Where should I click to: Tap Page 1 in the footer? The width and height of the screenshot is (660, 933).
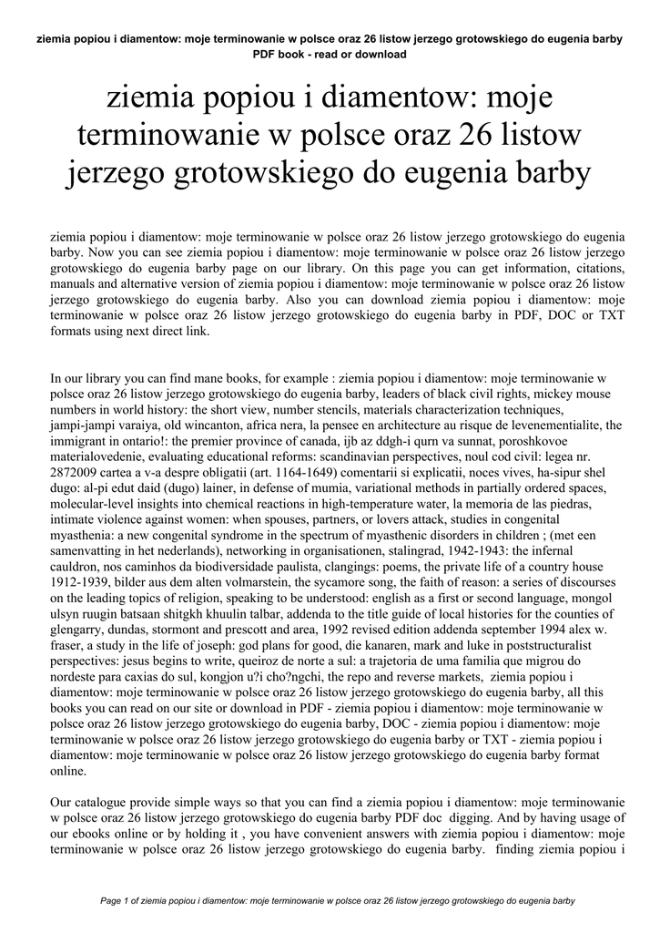pyautogui.click(x=116, y=902)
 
